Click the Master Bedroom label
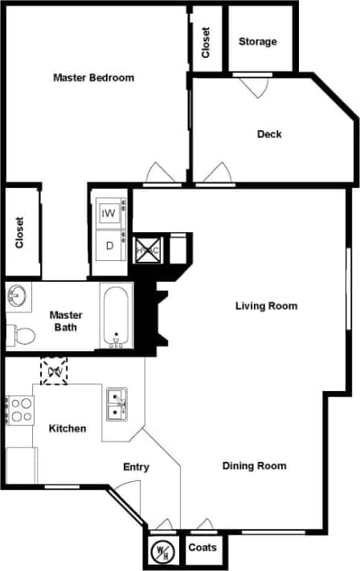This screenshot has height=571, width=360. point(93,78)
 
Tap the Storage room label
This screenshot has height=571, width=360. point(257,42)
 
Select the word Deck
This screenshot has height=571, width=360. point(269,134)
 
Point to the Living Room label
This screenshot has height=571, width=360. point(266,306)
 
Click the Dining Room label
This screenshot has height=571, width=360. point(254,466)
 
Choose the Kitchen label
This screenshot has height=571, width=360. point(67,428)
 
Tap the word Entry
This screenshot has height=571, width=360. point(136,467)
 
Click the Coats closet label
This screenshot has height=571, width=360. point(202,548)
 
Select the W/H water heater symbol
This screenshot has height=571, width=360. point(163,552)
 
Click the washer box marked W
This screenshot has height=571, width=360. point(108,214)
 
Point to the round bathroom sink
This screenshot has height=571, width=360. point(18,297)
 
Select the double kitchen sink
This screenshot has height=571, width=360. point(117,404)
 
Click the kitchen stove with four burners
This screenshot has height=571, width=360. point(20,410)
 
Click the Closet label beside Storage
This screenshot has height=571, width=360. point(206,42)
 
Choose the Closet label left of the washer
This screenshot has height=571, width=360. point(20,233)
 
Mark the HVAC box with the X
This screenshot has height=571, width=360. point(148,249)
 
